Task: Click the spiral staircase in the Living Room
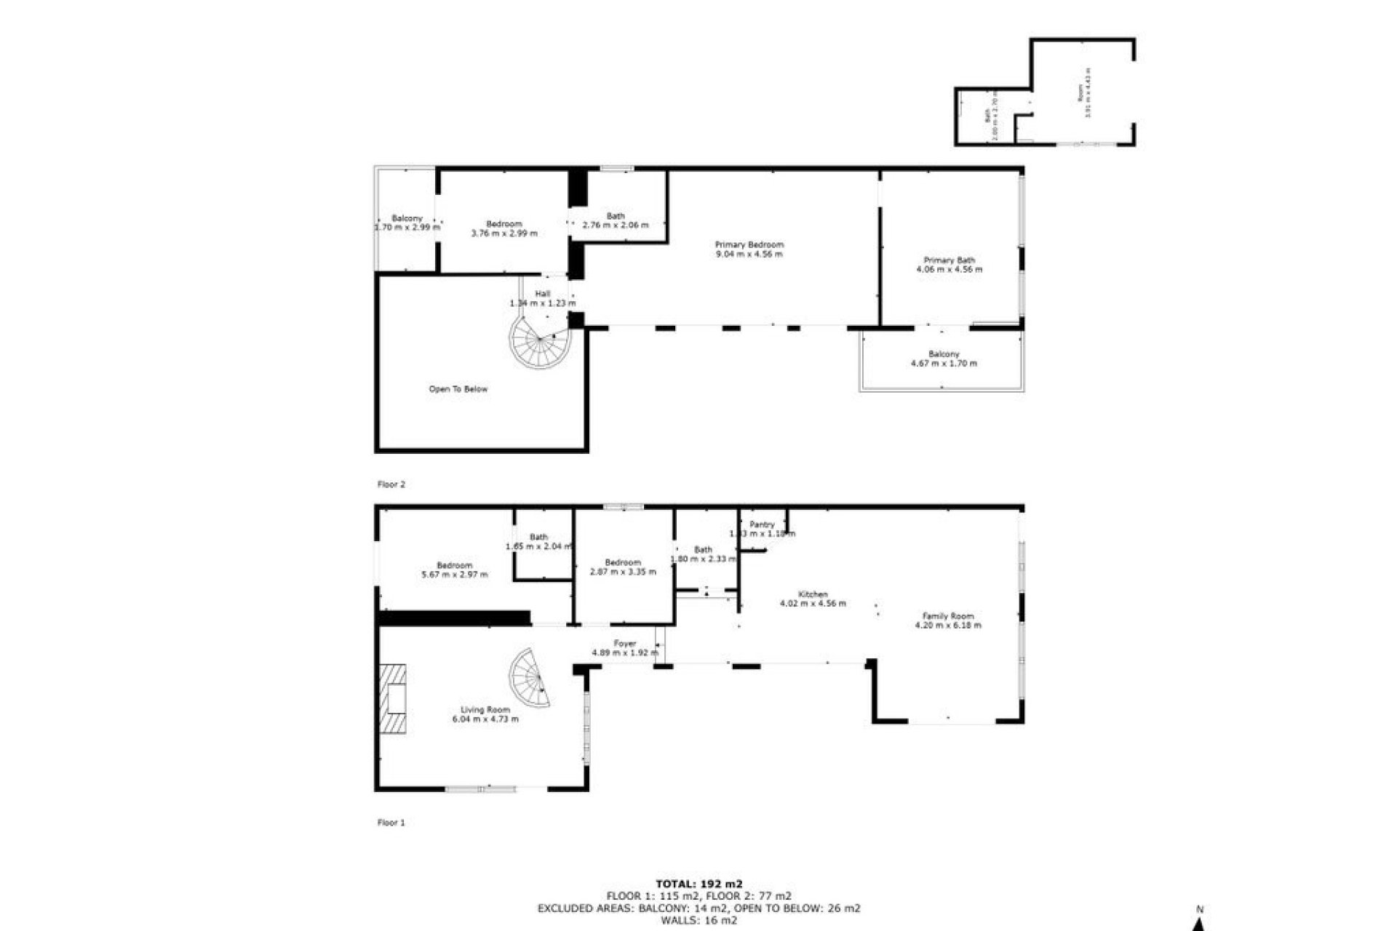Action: tap(529, 679)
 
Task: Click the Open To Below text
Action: tap(458, 389)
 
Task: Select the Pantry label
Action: tap(762, 524)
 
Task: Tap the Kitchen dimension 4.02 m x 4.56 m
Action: tap(812, 603)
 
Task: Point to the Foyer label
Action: tap(624, 644)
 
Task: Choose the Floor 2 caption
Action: tap(391, 484)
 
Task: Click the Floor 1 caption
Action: tap(391, 823)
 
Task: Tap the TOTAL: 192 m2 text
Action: tap(698, 884)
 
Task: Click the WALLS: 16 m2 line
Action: tap(698, 920)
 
